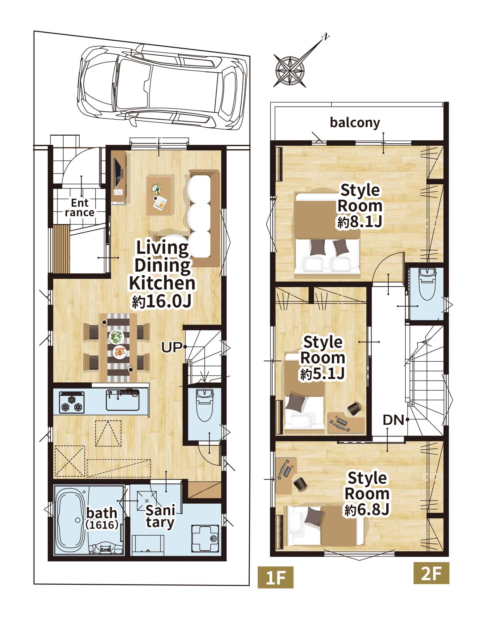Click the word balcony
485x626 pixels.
pos(355,123)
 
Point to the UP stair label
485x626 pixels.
pos(171,348)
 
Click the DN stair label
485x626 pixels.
pos(393,420)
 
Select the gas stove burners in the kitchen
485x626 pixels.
pos(72,401)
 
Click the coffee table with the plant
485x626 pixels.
pos(160,195)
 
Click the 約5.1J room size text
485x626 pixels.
pos(322,374)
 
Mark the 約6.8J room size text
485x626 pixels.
pos(367,510)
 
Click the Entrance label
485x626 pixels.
pos(80,208)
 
